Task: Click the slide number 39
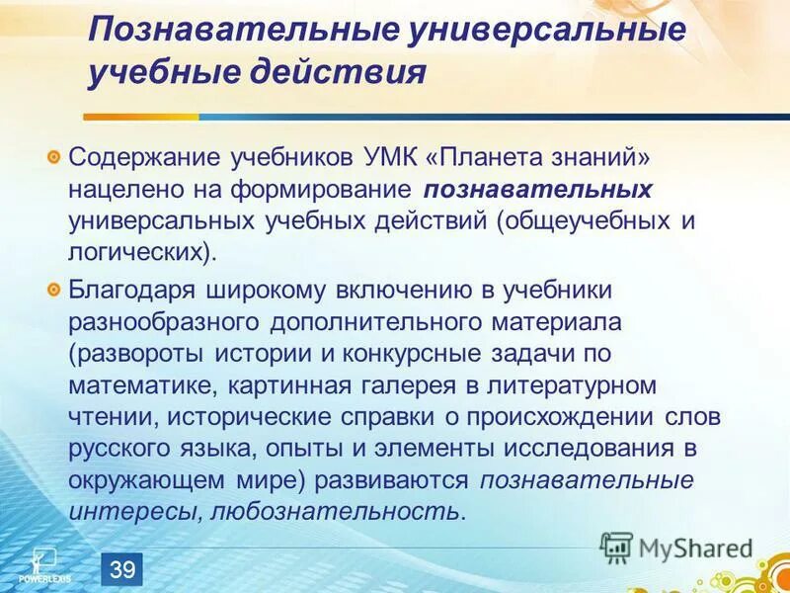pos(122,569)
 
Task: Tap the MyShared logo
pos(676,548)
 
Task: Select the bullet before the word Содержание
pos(54,157)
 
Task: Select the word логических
pos(138,252)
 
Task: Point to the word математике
pos(128,384)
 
